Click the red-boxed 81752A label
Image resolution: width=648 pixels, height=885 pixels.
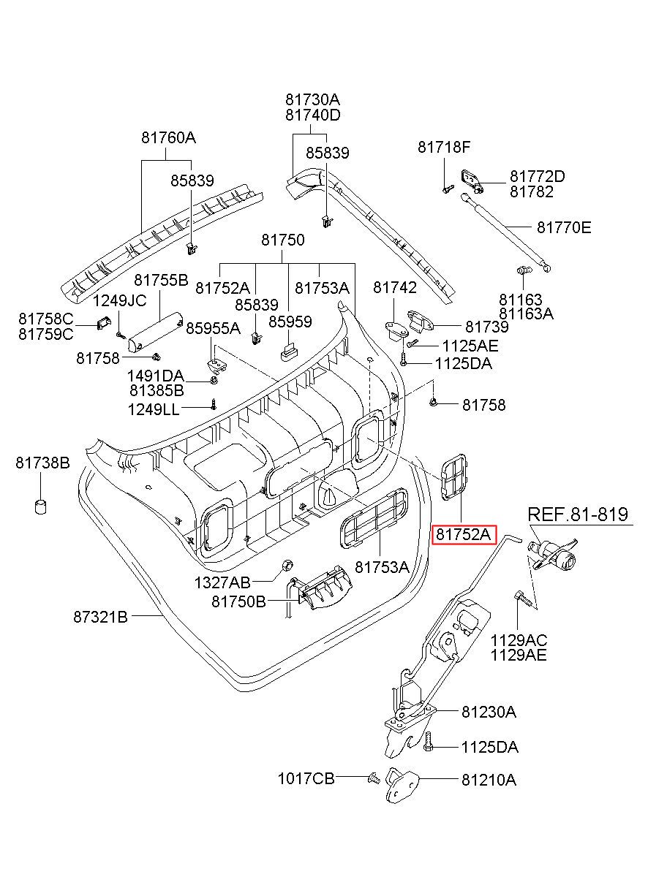coord(464,534)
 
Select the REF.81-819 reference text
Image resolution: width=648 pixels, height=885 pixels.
coord(577,514)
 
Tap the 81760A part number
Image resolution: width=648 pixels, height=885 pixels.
coord(168,137)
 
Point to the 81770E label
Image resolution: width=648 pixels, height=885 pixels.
coord(563,227)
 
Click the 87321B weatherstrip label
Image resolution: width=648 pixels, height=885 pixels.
coord(100,617)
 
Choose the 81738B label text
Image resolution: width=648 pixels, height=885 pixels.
coord(42,462)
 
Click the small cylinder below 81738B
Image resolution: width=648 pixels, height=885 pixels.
coord(42,506)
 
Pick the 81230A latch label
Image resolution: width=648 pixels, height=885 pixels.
coord(489,711)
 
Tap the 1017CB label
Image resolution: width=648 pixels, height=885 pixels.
coord(306,779)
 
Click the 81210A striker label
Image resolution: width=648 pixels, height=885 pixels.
coord(489,780)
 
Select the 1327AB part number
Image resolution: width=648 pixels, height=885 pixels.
coord(222,582)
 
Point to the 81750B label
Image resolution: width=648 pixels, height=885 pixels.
coord(238,601)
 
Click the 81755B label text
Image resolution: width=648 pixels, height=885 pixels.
coord(161,280)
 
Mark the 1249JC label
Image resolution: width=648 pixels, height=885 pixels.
coord(119,300)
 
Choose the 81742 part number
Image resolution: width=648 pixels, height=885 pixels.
coord(395,288)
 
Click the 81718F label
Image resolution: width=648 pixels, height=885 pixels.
coord(444,147)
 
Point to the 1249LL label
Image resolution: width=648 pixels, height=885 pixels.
coord(153,409)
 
